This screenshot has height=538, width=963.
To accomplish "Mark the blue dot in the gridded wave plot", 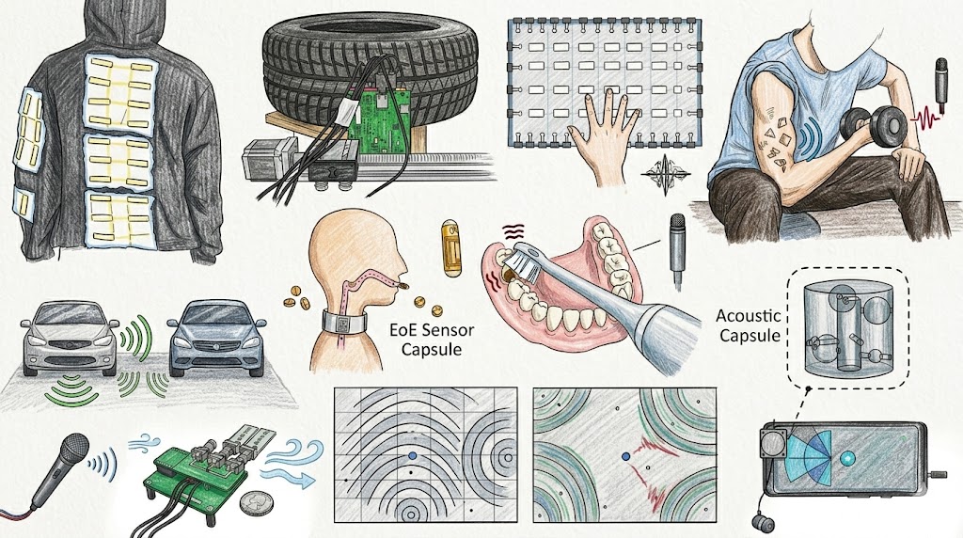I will pos(413,457).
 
